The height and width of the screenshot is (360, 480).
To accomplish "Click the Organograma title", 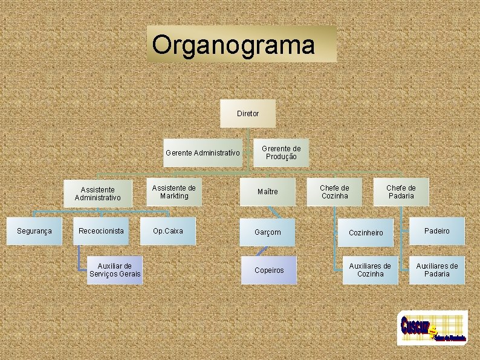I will pos(241,44).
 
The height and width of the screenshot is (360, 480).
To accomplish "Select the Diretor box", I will pos(248,113).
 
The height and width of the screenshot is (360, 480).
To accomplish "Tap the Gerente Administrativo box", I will pos(203,153).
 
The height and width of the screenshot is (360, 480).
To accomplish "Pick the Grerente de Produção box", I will pos(281,152).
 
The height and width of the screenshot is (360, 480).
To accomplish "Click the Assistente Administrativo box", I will pos(98,194).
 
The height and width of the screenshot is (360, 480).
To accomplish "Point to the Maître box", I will pos(268,192).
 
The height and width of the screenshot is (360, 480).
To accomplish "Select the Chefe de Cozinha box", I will pos(334,192).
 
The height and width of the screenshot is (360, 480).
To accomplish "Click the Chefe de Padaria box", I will pos(401,192).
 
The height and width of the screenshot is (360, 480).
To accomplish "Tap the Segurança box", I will pos(34,231).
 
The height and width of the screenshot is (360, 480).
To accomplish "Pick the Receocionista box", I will pos(101,231).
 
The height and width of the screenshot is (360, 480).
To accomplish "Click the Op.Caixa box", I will pos(168,231).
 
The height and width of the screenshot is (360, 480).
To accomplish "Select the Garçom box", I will pos(268,232).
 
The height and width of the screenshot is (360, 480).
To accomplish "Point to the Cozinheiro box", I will pos(366,233).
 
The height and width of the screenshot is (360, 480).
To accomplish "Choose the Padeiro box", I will pos(437,231).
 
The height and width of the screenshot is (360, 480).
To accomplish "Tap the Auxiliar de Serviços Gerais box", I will pos(114,270).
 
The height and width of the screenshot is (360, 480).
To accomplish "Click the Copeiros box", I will pos(269,270).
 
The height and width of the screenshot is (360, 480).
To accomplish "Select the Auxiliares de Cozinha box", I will pos(370,270).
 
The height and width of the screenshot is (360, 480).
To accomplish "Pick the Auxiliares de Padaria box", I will pos(437,270).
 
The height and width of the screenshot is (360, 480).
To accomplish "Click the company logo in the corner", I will pos(432,328).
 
